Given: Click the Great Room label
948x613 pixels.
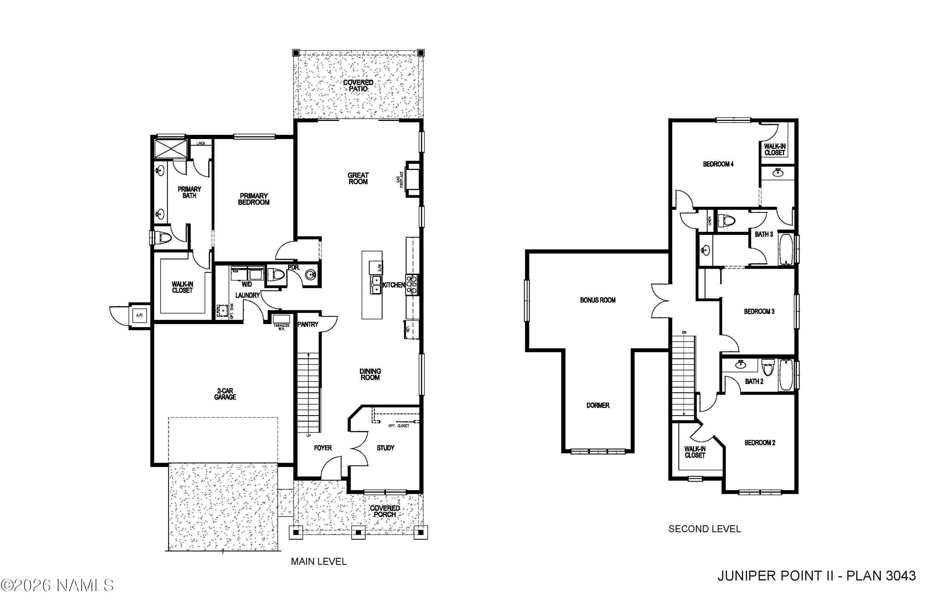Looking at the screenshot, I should [x=358, y=178].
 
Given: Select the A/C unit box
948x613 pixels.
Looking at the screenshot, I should [x=140, y=315].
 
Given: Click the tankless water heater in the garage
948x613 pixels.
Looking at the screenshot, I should [x=282, y=319].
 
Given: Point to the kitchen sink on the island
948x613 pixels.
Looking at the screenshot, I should [x=376, y=285].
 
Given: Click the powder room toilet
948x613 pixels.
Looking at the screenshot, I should [x=276, y=275].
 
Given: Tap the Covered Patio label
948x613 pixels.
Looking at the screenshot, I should [x=358, y=86].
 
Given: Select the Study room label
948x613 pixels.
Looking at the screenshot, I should [x=385, y=448].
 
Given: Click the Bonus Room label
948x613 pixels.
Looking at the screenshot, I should [x=598, y=300].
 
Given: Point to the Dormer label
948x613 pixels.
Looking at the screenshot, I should [x=598, y=405].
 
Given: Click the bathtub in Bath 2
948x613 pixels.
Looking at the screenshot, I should [x=786, y=375].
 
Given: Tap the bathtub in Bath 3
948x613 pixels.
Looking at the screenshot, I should [x=786, y=249].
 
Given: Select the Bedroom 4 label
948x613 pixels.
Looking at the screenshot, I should [x=718, y=164].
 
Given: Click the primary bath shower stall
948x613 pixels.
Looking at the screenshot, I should [x=170, y=147].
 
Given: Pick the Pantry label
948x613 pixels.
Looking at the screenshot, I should [x=308, y=324].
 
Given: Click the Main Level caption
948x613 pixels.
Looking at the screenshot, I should [x=318, y=562].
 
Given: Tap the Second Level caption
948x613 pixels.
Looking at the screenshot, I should [x=704, y=529].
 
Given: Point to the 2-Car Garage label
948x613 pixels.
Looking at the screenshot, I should [x=225, y=394].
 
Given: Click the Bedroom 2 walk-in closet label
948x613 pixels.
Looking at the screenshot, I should [x=695, y=452].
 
